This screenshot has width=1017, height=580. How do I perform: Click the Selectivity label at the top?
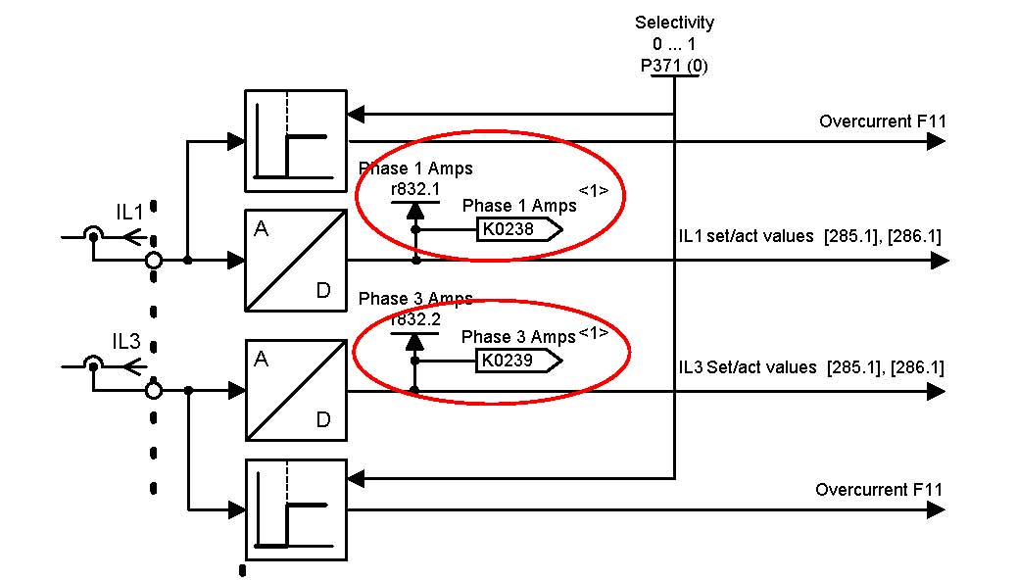[674, 22]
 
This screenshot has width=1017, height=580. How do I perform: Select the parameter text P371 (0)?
[674, 66]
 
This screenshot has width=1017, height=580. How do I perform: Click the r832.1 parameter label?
[414, 188]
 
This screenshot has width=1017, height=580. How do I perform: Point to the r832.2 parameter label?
[414, 319]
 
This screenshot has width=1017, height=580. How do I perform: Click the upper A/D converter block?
[295, 260]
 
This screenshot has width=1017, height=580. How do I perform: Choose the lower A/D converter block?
[295, 391]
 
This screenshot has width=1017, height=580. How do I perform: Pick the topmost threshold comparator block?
[295, 141]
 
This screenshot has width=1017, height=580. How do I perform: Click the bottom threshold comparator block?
[295, 510]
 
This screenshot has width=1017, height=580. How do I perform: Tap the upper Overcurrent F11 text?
[883, 121]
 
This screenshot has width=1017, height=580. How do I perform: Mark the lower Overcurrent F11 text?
[880, 490]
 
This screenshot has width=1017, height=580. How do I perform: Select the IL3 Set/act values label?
[810, 367]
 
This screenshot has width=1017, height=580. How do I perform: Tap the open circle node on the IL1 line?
[153, 261]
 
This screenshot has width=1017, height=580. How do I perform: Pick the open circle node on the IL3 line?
[153, 391]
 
